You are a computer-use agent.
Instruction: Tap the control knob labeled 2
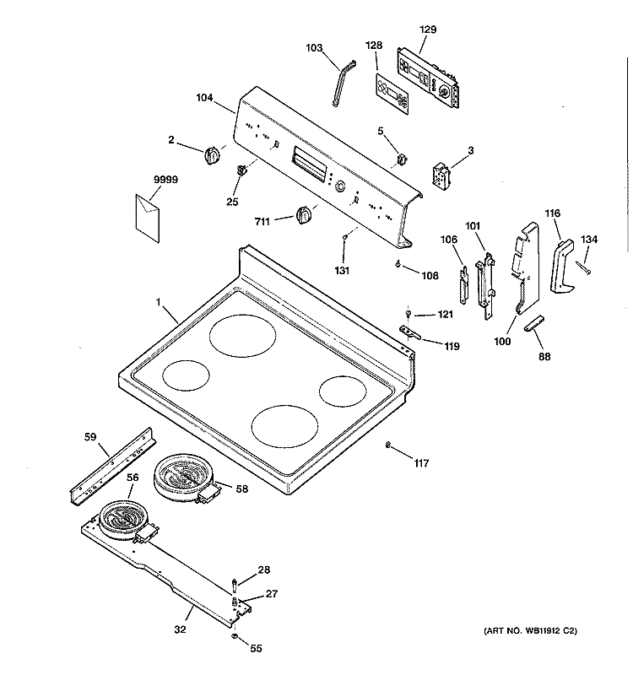[213, 155]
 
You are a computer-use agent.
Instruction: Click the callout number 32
[180, 629]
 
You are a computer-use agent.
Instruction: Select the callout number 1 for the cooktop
[157, 301]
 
